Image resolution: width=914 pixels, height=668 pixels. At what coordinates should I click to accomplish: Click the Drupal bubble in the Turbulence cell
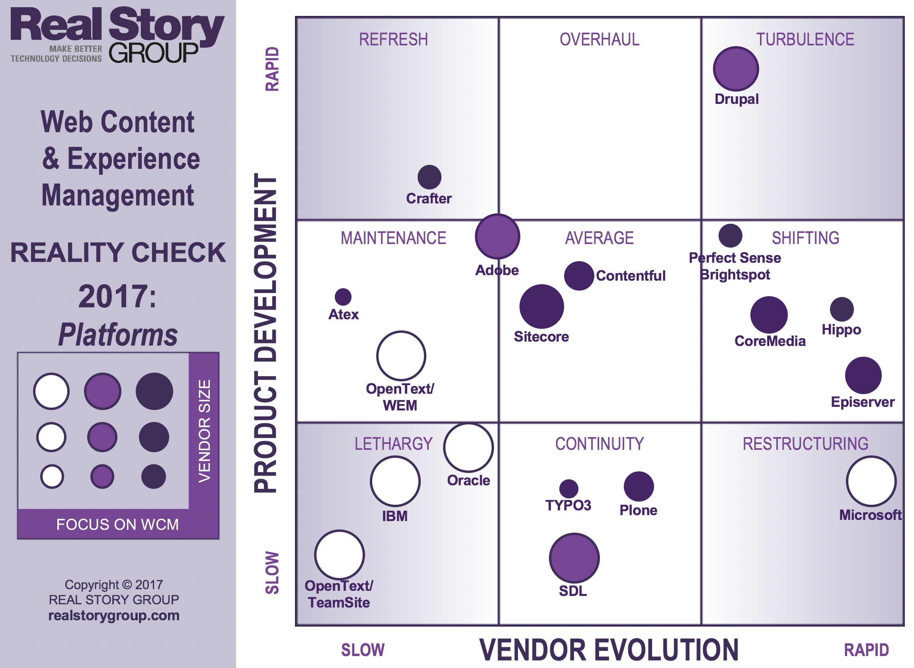click(736, 69)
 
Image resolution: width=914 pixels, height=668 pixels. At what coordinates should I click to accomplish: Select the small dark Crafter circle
click(429, 177)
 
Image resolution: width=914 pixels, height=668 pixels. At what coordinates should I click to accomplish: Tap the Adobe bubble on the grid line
click(497, 236)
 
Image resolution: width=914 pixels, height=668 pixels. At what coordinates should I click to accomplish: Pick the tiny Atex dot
click(343, 297)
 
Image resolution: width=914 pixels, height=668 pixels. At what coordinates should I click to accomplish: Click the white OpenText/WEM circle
click(400, 356)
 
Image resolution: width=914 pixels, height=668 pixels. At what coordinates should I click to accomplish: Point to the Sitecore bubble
click(541, 307)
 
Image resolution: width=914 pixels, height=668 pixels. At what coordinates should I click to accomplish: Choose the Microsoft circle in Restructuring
click(871, 481)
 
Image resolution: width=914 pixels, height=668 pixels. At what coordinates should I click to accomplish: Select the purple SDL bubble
click(574, 558)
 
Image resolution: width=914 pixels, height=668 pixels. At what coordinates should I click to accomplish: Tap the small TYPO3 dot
click(568, 489)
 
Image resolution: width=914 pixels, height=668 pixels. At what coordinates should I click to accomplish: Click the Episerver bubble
click(863, 375)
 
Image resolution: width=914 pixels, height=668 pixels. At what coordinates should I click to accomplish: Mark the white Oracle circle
click(468, 448)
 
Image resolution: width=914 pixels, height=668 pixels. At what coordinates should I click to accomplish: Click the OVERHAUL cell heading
click(599, 40)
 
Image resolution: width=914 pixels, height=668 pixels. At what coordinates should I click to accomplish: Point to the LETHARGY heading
click(393, 444)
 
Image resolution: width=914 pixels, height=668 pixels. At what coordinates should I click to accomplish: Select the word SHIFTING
click(805, 238)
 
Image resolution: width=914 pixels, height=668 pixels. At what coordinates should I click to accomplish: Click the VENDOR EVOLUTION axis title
click(608, 650)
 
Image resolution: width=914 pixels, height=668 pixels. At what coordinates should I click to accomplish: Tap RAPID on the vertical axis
click(272, 69)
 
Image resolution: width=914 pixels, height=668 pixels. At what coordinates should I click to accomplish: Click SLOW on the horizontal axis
click(363, 650)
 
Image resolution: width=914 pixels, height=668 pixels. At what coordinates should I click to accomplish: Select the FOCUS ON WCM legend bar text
click(117, 524)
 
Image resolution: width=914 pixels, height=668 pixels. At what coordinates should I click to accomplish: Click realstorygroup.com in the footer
click(113, 615)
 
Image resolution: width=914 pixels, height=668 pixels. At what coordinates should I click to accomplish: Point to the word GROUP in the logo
click(154, 53)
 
